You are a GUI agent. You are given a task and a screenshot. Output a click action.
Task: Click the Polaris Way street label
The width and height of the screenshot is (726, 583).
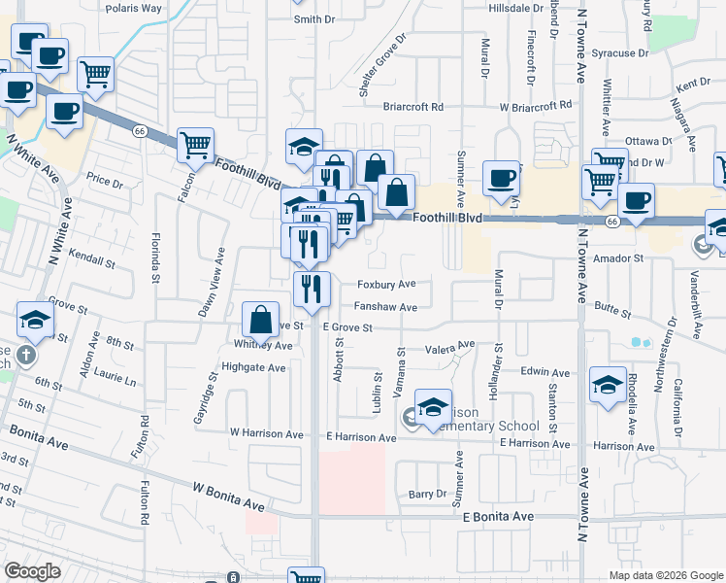click(x=134, y=8)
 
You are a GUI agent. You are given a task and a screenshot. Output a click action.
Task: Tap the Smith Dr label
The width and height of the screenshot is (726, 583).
click(x=313, y=18)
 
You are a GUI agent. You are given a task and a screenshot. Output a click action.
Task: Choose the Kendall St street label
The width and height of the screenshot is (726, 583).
click(x=91, y=262)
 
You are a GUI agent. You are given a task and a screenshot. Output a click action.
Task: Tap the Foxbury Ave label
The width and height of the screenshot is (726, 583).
click(x=386, y=285)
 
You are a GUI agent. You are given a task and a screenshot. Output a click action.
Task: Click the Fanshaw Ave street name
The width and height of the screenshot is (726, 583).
click(x=385, y=307)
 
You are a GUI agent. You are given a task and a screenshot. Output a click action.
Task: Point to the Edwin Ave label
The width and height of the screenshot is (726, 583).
click(x=544, y=372)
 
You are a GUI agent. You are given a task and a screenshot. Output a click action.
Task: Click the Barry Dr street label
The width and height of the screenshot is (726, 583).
click(x=426, y=494)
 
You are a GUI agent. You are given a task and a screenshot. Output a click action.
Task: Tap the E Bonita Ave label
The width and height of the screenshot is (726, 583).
click(x=499, y=516)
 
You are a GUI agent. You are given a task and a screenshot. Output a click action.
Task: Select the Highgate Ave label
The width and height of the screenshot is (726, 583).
click(x=253, y=368)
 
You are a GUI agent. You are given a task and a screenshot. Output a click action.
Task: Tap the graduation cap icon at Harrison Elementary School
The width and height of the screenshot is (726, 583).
click(x=433, y=405)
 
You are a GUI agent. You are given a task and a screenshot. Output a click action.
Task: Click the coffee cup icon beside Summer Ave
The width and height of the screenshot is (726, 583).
click(x=501, y=177)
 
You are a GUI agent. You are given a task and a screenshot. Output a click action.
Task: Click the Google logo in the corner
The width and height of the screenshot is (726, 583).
click(x=32, y=571)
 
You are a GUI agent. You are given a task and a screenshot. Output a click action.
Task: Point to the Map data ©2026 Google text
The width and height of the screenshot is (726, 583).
click(x=665, y=575)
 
